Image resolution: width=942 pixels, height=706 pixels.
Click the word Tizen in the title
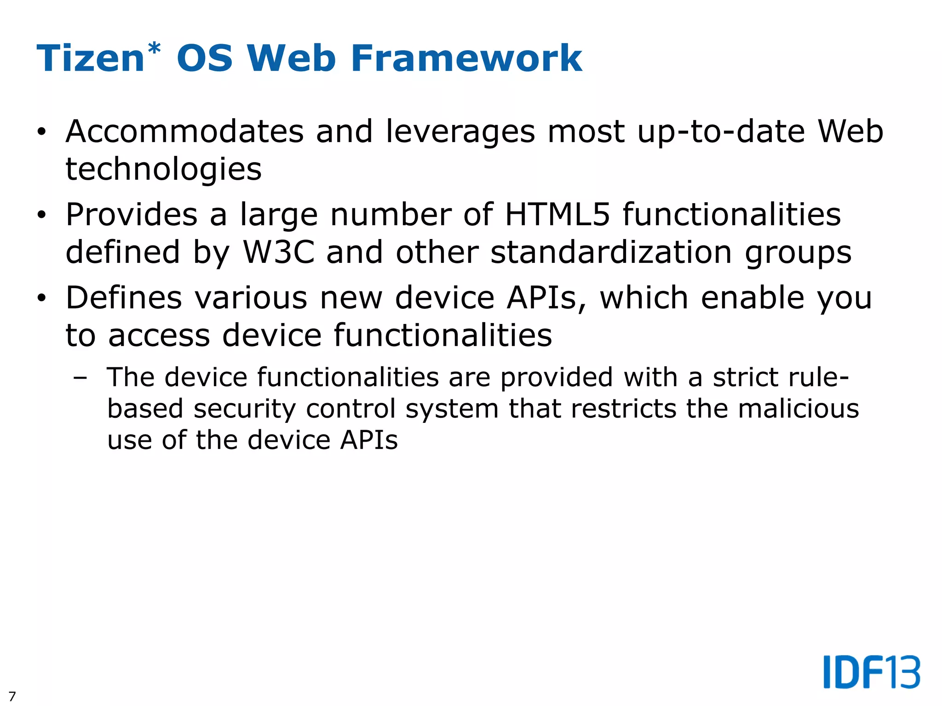point(91,58)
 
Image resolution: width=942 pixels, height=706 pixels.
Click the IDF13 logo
point(871,672)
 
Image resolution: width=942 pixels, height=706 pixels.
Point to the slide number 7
point(12,696)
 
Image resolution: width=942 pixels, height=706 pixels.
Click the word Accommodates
point(184,131)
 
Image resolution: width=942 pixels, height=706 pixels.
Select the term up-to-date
point(721,132)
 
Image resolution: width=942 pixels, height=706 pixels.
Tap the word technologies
point(163,169)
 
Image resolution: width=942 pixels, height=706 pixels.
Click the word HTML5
point(557,215)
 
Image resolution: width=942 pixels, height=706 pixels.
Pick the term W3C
point(279,252)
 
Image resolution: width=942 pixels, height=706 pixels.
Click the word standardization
point(611,252)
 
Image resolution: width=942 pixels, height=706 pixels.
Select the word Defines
point(124,298)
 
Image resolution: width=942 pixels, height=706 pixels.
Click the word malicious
point(798,408)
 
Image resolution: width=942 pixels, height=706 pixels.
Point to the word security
point(244,409)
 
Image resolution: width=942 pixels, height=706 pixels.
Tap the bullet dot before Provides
point(42,215)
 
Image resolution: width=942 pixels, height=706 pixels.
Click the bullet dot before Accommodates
point(42,132)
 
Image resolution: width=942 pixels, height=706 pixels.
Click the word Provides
point(131,215)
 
